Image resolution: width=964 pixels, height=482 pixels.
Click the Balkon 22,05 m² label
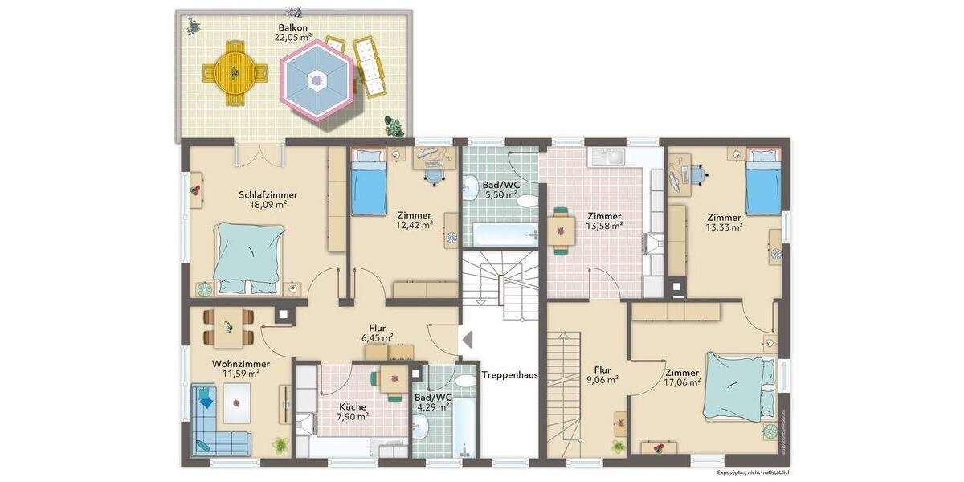(x=294, y=32)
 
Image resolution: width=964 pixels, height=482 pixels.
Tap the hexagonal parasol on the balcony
(x=318, y=80)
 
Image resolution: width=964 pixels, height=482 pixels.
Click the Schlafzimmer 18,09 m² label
(x=268, y=199)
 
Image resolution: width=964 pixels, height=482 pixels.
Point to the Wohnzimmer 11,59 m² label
(x=240, y=369)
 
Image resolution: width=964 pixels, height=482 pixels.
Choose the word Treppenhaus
(x=509, y=374)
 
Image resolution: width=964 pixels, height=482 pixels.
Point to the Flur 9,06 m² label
(x=602, y=375)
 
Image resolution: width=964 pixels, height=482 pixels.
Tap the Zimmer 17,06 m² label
(x=682, y=378)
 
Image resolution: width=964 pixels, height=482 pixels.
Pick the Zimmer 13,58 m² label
(x=604, y=221)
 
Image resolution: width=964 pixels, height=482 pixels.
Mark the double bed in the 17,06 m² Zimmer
(x=736, y=386)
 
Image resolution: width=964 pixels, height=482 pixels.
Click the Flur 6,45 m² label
(x=377, y=333)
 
